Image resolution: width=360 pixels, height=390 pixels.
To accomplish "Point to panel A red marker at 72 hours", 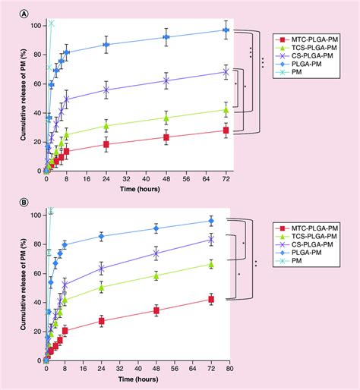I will (x=226, y=131).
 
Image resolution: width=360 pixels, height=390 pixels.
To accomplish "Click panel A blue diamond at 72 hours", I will (x=226, y=30).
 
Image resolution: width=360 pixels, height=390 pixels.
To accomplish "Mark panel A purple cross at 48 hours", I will (x=166, y=80).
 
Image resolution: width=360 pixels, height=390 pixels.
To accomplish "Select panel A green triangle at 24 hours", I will (x=106, y=126).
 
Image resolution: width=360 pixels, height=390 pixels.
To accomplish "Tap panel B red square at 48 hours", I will (x=156, y=310).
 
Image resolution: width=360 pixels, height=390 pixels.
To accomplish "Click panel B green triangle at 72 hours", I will (x=211, y=264).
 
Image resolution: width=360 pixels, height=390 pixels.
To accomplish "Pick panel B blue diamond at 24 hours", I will (x=101, y=237).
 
